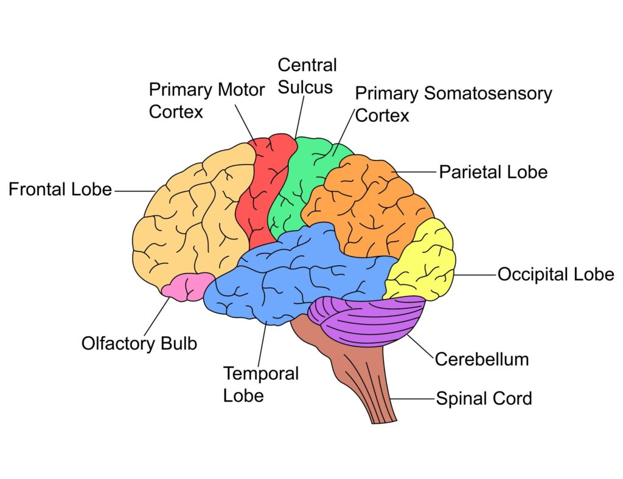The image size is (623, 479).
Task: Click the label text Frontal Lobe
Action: (60, 190)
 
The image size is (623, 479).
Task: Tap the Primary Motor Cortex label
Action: (206, 101)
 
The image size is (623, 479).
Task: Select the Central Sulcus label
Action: (307, 76)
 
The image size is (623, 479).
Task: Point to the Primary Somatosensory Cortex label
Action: (453, 104)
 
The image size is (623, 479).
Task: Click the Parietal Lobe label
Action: (493, 172)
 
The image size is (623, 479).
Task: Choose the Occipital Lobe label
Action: (555, 275)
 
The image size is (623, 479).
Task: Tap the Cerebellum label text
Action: (481, 359)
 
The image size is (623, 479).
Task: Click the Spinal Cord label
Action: (484, 399)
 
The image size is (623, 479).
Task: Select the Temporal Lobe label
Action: (260, 384)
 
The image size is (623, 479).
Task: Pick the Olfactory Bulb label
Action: (139, 343)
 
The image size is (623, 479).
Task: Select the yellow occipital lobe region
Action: (426, 261)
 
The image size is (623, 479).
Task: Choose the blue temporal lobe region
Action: (292, 274)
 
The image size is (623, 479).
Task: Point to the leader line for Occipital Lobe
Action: (475, 275)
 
